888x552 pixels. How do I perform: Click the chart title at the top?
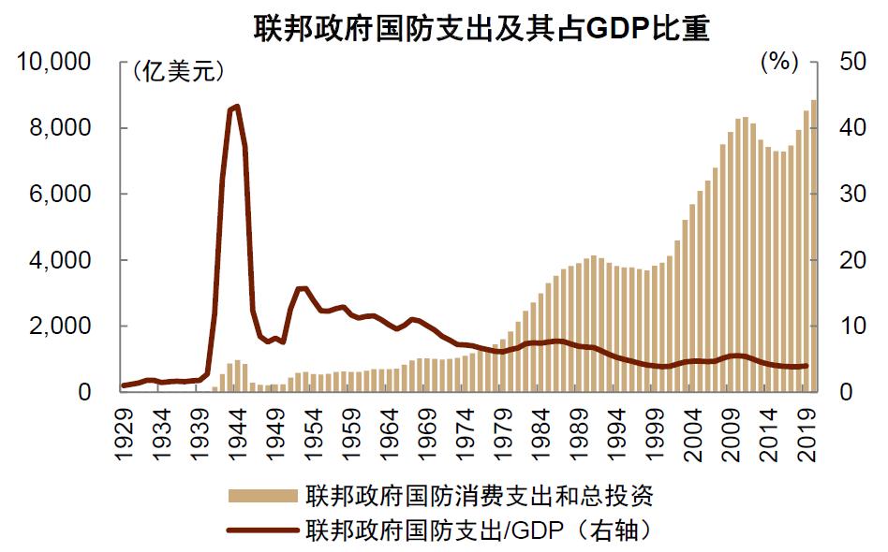click(x=481, y=28)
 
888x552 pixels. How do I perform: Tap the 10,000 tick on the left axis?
click(x=53, y=61)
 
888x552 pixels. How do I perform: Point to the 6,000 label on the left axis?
click(x=60, y=194)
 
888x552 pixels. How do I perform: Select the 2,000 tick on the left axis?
click(x=60, y=326)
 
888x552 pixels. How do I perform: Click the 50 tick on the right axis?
click(x=853, y=61)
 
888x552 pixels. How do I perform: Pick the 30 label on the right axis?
click(x=853, y=194)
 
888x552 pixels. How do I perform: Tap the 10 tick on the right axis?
click(x=853, y=326)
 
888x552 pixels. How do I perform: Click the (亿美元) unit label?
click(x=177, y=71)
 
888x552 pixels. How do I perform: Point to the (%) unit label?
click(x=780, y=61)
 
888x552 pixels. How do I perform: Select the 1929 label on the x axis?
click(x=124, y=434)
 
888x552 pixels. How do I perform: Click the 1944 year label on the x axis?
click(x=238, y=434)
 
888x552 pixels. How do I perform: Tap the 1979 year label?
click(x=503, y=434)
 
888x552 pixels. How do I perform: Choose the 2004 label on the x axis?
click(x=692, y=434)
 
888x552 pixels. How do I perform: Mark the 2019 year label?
click(x=807, y=434)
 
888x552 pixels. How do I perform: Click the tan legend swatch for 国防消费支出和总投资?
click(x=263, y=496)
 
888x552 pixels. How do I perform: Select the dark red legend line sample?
click(x=263, y=530)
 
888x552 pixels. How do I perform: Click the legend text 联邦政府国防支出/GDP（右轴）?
click(x=479, y=530)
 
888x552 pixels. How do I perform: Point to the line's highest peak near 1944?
click(x=237, y=107)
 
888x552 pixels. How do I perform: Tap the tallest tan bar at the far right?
click(x=814, y=245)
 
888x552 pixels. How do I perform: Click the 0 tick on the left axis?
click(x=85, y=392)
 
